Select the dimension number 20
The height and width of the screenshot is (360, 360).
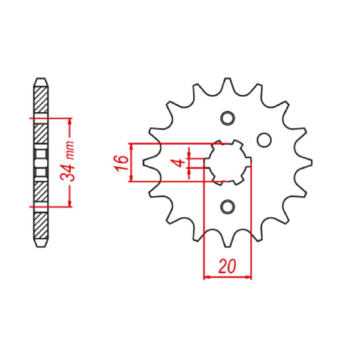point(227,266)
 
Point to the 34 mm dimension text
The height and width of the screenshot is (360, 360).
point(70,163)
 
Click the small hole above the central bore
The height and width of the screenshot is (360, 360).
point(227,118)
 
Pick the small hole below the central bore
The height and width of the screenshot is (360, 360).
point(227,207)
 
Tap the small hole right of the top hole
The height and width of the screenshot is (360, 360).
point(263,140)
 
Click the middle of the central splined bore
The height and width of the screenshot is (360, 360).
point(227,163)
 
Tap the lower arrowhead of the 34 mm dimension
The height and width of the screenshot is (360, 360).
point(70,204)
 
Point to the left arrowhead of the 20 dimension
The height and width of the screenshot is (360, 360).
point(208,278)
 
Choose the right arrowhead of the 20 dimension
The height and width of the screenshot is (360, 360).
point(248,278)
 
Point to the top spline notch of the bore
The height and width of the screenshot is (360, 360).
point(227,143)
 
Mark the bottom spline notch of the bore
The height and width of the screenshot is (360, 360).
point(227,182)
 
